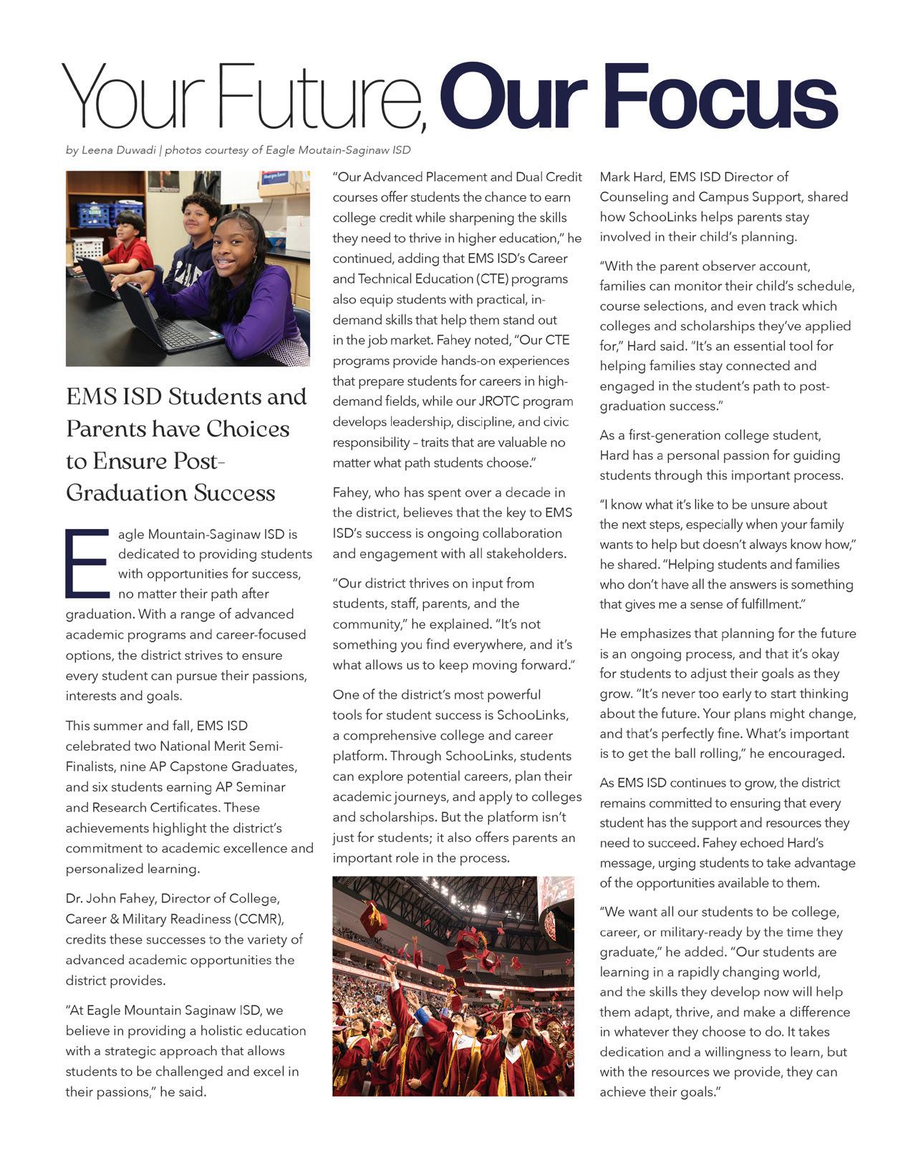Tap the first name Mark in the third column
tap(614, 177)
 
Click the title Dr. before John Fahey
tap(74, 898)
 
